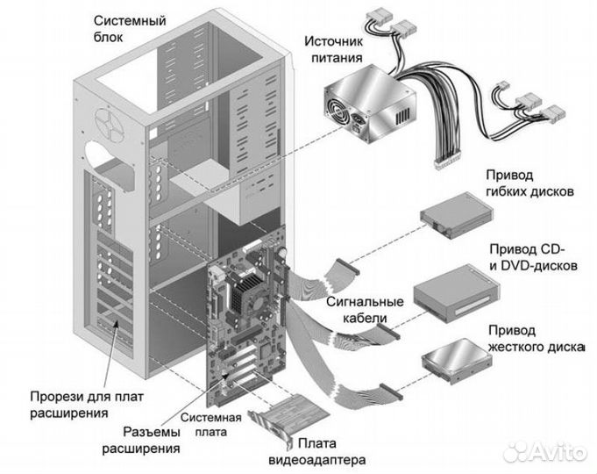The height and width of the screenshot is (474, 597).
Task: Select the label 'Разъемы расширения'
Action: coord(139,441)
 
